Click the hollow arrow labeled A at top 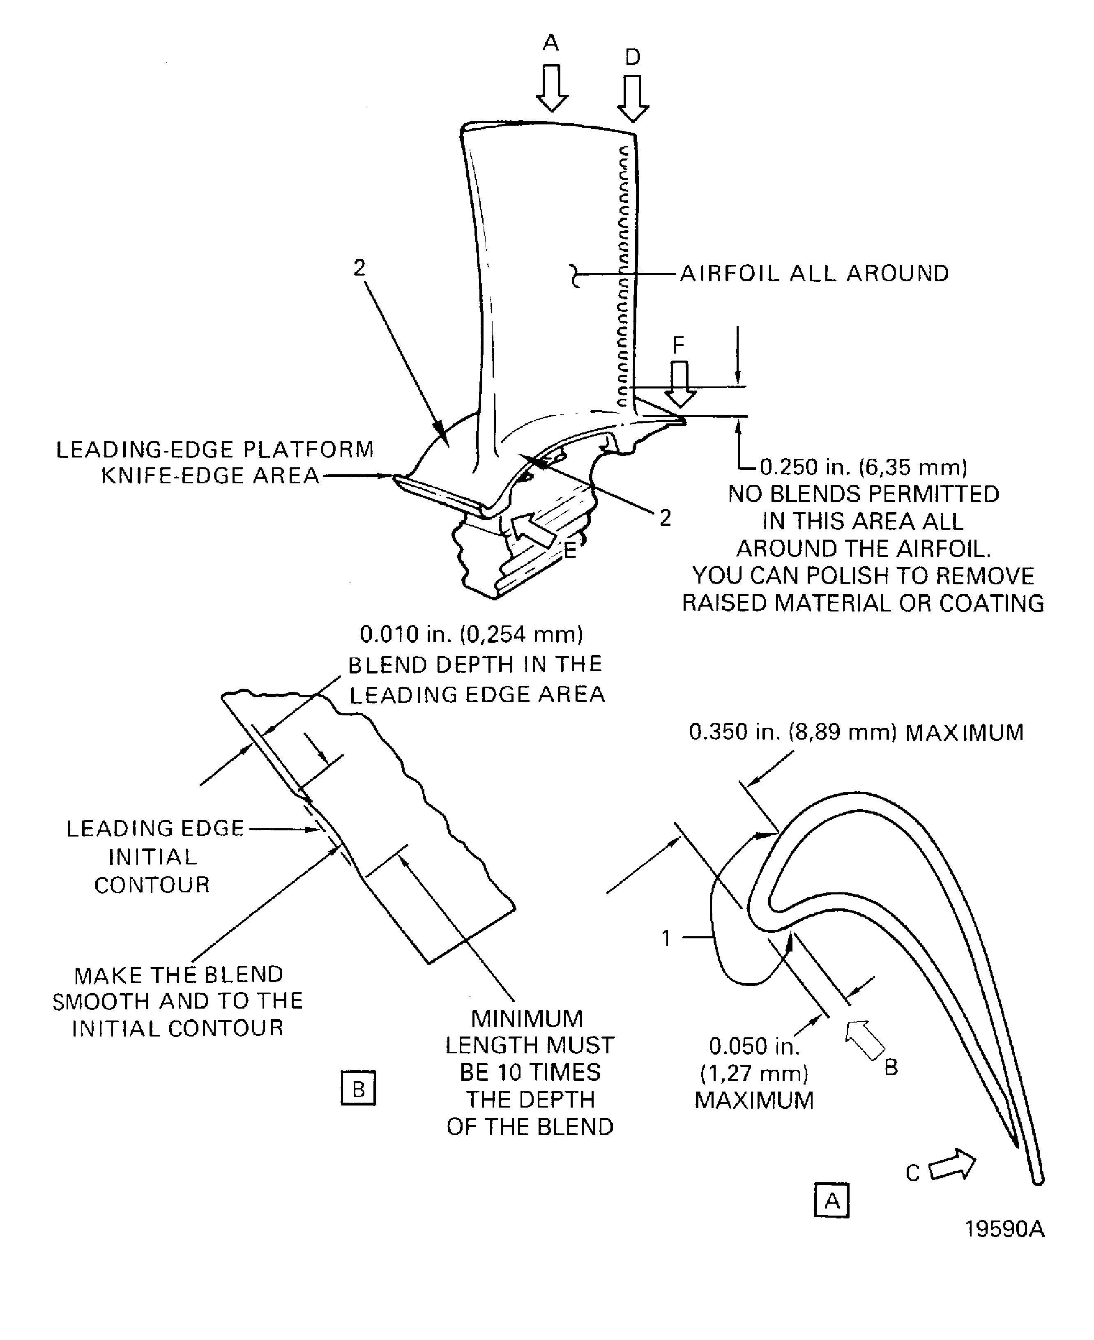(552, 89)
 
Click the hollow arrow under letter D (633, 99)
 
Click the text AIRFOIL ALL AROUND (814, 274)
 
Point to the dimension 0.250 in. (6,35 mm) (864, 467)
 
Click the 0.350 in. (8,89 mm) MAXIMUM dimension (856, 732)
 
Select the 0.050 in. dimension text (754, 1046)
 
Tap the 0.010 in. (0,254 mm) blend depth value (471, 634)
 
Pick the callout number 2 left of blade (359, 269)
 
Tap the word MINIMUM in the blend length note (527, 1019)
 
